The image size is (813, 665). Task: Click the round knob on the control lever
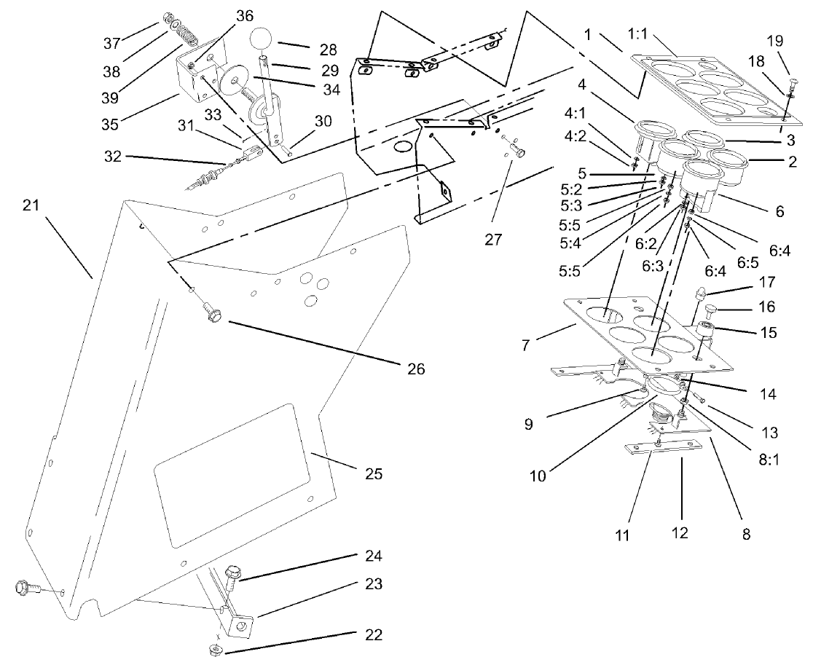262,39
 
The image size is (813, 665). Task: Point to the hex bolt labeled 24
235,575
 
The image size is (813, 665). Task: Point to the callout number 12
680,534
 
